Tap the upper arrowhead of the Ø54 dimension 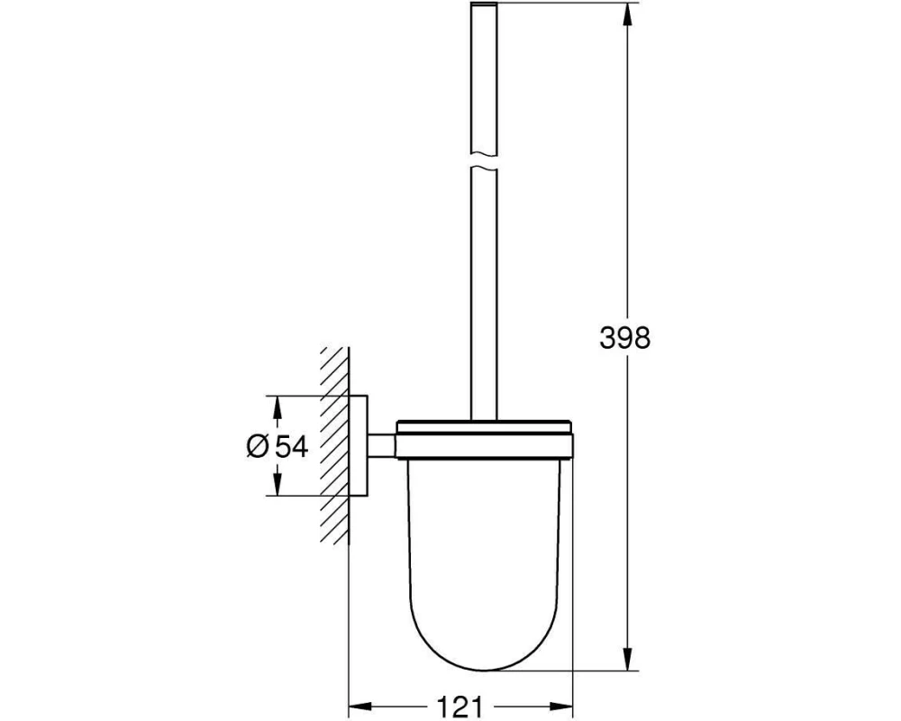(x=277, y=407)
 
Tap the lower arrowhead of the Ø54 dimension (x=277, y=484)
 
